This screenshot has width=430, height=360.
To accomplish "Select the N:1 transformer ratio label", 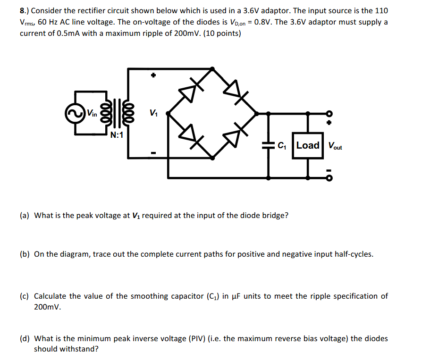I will tap(117, 135).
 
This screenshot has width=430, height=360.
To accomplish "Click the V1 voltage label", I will tap(153, 113).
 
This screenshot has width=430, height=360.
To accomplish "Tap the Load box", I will tap(308, 145).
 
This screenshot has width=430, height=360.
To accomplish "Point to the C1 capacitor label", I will tap(282, 146).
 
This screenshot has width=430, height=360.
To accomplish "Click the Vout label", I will tap(335, 146).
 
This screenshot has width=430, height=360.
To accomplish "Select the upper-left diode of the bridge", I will tap(190, 92).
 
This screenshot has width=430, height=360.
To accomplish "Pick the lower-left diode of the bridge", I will tap(190, 134).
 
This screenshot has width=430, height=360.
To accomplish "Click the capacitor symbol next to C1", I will tap(269, 146).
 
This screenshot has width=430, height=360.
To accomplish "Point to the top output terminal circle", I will tap(329, 114).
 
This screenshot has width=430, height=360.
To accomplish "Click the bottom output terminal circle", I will tap(329, 178).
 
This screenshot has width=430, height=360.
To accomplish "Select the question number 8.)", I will tap(25, 10).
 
